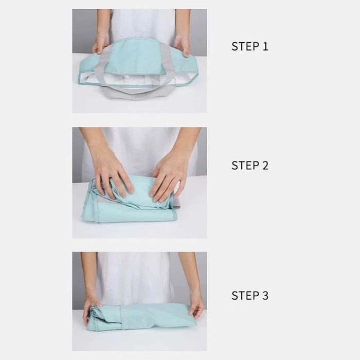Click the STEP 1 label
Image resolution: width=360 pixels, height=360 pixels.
(x=250, y=46)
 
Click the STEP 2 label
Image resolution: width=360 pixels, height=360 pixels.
(x=250, y=166)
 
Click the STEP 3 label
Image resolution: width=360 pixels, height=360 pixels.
(x=250, y=296)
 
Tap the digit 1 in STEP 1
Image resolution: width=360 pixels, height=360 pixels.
(x=265, y=46)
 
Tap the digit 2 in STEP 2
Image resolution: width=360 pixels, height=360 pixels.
(x=265, y=166)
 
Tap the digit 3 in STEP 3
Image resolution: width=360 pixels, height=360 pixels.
(x=265, y=296)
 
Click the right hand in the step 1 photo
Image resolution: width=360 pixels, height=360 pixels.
(x=182, y=45)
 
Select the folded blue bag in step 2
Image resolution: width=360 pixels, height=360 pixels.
(x=130, y=202)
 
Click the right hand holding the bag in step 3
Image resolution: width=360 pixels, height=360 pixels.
(x=196, y=308)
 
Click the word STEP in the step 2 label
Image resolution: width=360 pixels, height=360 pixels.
(x=244, y=166)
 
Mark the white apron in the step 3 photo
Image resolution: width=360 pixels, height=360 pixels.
(x=135, y=278)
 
